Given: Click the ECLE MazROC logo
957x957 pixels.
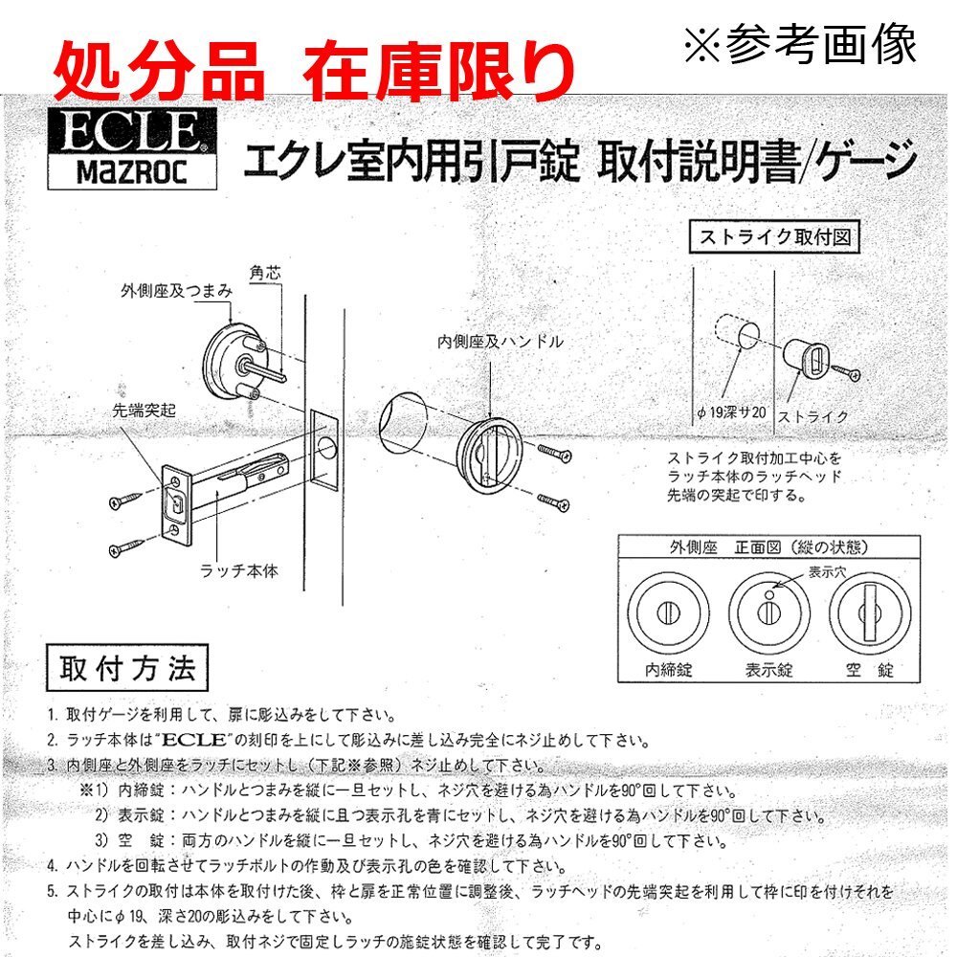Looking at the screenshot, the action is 132,149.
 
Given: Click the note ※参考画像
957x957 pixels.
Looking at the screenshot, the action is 800,43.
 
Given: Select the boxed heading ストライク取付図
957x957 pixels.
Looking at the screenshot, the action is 774,236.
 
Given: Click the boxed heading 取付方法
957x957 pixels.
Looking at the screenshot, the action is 127,668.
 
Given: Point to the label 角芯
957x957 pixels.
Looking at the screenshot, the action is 265,272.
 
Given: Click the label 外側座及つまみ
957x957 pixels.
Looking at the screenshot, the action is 176,291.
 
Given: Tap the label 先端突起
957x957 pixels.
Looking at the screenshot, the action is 145,411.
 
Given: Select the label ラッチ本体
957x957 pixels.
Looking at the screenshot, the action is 239,570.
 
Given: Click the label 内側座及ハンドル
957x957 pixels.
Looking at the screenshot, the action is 501,342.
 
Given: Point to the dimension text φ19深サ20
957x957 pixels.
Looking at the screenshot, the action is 731,412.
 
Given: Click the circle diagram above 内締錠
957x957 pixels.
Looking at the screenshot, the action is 668,612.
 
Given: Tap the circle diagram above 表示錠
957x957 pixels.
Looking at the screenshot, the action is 769,612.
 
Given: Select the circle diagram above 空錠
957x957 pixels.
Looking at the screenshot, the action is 870,612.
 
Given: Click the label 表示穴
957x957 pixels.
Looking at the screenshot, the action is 827,572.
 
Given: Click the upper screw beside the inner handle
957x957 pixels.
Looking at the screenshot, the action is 554,453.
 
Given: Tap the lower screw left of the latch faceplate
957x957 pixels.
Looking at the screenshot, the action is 127,546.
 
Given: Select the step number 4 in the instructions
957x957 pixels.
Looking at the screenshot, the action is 53,866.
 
